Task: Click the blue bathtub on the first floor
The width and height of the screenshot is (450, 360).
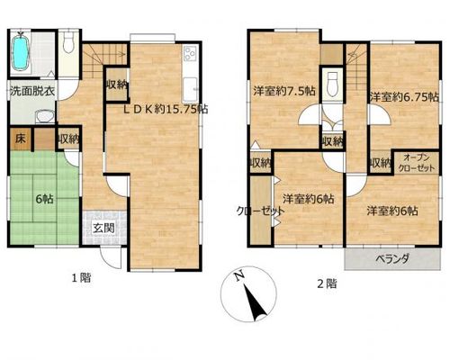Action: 21,53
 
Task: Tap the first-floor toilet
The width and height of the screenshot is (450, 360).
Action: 69,40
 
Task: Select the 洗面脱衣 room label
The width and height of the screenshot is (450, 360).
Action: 32,91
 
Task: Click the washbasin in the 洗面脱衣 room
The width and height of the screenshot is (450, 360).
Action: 44,116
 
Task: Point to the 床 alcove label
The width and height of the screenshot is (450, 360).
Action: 20,139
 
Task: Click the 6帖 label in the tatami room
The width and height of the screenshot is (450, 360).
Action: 44,199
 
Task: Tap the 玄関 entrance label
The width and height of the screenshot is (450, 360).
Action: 103,228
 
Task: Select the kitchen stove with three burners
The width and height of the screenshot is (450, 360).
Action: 190,53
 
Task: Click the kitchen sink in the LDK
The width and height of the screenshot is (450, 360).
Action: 190,89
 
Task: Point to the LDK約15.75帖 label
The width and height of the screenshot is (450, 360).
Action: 166,109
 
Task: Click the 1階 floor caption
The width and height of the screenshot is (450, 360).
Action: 81,278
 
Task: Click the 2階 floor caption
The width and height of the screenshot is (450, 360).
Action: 327,283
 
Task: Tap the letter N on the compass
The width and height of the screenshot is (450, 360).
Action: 239,276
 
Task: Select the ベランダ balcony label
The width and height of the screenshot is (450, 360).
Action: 392,258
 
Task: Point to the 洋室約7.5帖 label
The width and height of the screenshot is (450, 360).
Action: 283,91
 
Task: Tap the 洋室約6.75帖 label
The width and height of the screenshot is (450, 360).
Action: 404,97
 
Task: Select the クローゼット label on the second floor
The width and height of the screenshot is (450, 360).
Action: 260,211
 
